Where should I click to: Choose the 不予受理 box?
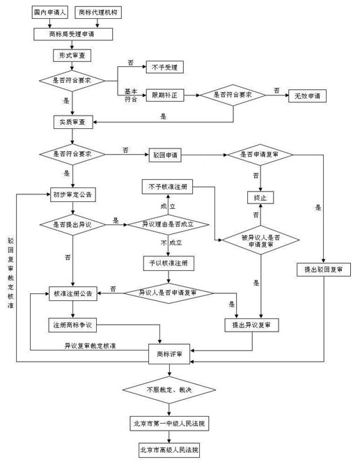coord(164,68)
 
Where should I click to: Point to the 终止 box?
coord(260,199)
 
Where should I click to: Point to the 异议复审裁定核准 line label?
coord(90,346)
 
